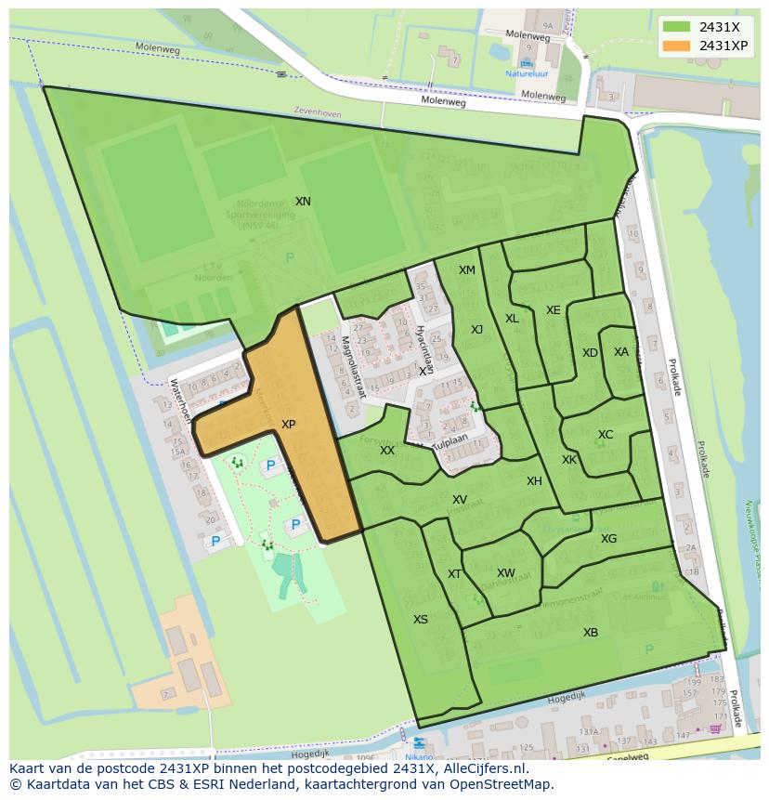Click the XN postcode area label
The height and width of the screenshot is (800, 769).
tap(303, 202)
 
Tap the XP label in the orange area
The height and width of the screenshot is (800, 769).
tap(288, 425)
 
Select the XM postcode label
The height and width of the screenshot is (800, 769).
tap(466, 270)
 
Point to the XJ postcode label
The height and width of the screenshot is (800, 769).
tap(476, 330)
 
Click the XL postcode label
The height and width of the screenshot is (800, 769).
tap(512, 319)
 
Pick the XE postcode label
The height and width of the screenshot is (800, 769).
tap(553, 310)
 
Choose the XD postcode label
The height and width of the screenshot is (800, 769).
tap(590, 353)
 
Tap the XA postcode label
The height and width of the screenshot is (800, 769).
tap(621, 352)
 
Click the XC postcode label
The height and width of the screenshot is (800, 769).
tap(606, 435)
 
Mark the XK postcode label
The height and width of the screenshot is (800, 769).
tap(569, 460)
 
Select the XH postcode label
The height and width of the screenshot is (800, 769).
tap(534, 481)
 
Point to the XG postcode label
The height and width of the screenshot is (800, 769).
tap(608, 539)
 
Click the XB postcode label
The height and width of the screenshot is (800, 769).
tap(591, 633)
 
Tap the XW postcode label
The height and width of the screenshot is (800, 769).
tap(505, 573)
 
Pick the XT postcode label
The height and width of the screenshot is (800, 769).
tap(454, 574)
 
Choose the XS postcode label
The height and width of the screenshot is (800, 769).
tap(421, 620)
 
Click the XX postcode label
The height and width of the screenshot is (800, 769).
tap(387, 451)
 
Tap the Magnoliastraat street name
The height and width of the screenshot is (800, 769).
tap(353, 367)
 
